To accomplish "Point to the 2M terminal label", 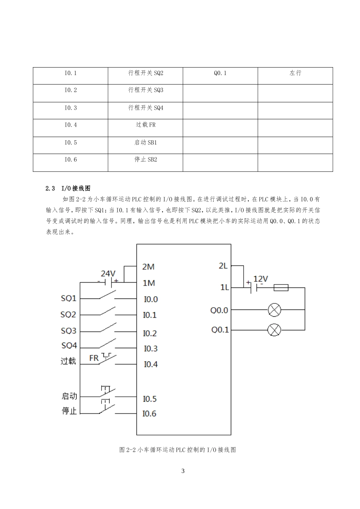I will pyautogui.click(x=148, y=267).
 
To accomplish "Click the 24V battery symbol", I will pyautogui.click(x=109, y=282).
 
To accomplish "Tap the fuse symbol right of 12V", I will pyautogui.click(x=280, y=287).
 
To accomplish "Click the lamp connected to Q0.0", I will pyautogui.click(x=274, y=310).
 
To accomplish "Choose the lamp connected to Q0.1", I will pyautogui.click(x=274, y=330).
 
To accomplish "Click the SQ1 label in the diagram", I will pyautogui.click(x=69, y=298).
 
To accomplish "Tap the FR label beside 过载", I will pyautogui.click(x=94, y=358).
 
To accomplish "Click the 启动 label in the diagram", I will pyautogui.click(x=69, y=396).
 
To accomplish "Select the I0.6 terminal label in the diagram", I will pyautogui.click(x=149, y=413).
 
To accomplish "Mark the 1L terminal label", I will pyautogui.click(x=225, y=287).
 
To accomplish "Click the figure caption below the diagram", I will pyautogui.click(x=178, y=450).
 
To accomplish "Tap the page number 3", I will pyautogui.click(x=183, y=471).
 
